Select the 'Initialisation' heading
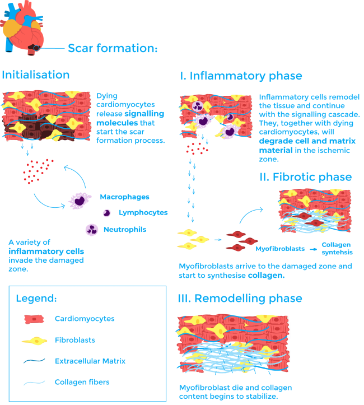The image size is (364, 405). click(x=36, y=75)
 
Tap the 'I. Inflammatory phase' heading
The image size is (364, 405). click(x=241, y=76)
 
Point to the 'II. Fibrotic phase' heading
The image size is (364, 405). click(x=305, y=177)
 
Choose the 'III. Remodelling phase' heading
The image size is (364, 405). click(x=240, y=298)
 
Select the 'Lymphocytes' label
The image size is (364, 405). click(x=143, y=213)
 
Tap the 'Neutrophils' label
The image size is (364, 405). click(x=123, y=230)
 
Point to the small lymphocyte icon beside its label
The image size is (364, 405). click(x=106, y=213)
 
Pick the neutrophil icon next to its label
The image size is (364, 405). click(x=91, y=229)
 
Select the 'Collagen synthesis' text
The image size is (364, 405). click(x=337, y=248)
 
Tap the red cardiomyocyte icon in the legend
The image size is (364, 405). click(x=35, y=319)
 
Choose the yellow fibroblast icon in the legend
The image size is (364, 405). click(x=35, y=340)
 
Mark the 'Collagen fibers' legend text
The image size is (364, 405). click(x=81, y=383)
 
